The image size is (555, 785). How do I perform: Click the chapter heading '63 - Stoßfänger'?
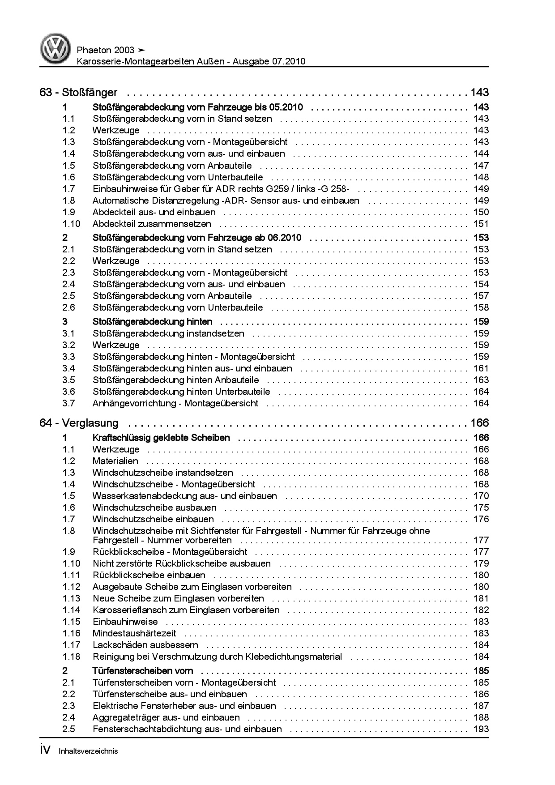tap(78, 93)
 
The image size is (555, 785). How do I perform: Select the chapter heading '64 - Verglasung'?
tap(79, 423)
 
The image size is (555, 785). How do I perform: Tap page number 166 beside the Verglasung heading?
tap(479, 423)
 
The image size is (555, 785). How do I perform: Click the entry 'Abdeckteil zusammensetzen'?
tap(152, 224)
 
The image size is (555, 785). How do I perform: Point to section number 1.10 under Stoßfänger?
tap(71, 224)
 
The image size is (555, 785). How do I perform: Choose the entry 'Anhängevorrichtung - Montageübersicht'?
tap(175, 403)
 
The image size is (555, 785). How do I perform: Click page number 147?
tap(481, 166)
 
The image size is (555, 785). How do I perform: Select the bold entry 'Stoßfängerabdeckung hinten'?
tap(153, 322)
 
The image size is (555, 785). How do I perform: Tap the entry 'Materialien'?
tap(115, 461)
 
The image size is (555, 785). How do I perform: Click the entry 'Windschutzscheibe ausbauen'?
tap(154, 508)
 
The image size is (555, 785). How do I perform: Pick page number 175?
tap(481, 508)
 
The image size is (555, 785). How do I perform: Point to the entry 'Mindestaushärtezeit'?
tap(134, 633)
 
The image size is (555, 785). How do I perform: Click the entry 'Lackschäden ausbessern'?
tap(145, 645)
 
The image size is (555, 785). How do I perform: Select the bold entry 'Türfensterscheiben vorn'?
tap(143, 671)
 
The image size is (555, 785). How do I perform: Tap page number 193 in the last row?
tap(481, 729)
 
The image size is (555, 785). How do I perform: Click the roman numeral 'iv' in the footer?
tap(47, 751)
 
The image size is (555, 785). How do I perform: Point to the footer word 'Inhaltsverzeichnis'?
tap(88, 751)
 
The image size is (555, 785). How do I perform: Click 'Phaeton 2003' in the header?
tap(106, 50)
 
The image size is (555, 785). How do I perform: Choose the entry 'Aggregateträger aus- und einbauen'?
tap(166, 717)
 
